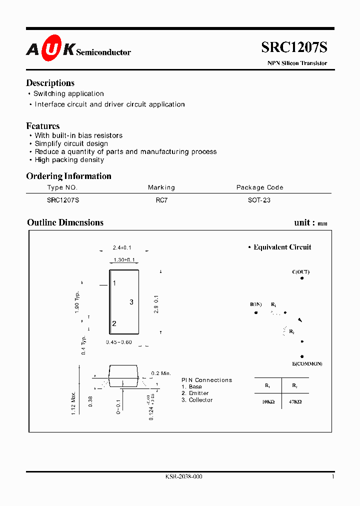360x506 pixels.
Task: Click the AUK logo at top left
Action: [50, 48]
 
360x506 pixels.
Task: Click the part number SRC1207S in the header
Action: [294, 47]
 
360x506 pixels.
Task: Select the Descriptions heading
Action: [50, 83]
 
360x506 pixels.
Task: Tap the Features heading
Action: [42, 126]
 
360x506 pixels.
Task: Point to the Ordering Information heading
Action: [68, 176]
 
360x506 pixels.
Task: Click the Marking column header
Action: [161, 187]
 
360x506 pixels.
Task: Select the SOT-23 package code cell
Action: [259, 200]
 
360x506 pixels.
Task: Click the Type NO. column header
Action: [62, 187]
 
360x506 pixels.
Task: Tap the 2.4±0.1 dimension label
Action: [122, 248]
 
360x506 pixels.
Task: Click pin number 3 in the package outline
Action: [131, 302]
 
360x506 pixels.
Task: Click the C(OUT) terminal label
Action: [300, 272]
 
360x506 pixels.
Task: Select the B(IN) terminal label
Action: [255, 304]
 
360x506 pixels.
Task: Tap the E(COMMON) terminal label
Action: [307, 363]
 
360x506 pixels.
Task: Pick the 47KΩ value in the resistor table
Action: [295, 401]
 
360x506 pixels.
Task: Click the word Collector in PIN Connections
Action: [200, 400]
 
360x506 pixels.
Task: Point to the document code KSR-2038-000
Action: [183, 477]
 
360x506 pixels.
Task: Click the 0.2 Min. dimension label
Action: [161, 373]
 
